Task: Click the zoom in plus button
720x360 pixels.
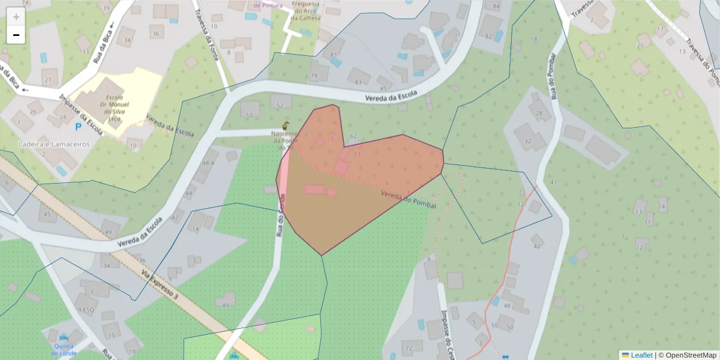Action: point(16,17)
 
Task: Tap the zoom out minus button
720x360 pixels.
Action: point(16,35)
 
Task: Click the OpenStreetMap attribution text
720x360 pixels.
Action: point(688,355)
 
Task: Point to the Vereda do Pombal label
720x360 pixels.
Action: point(408,200)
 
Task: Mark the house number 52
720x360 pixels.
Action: point(279,105)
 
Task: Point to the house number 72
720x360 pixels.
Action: point(410,349)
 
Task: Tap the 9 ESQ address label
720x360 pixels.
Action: point(86,310)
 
